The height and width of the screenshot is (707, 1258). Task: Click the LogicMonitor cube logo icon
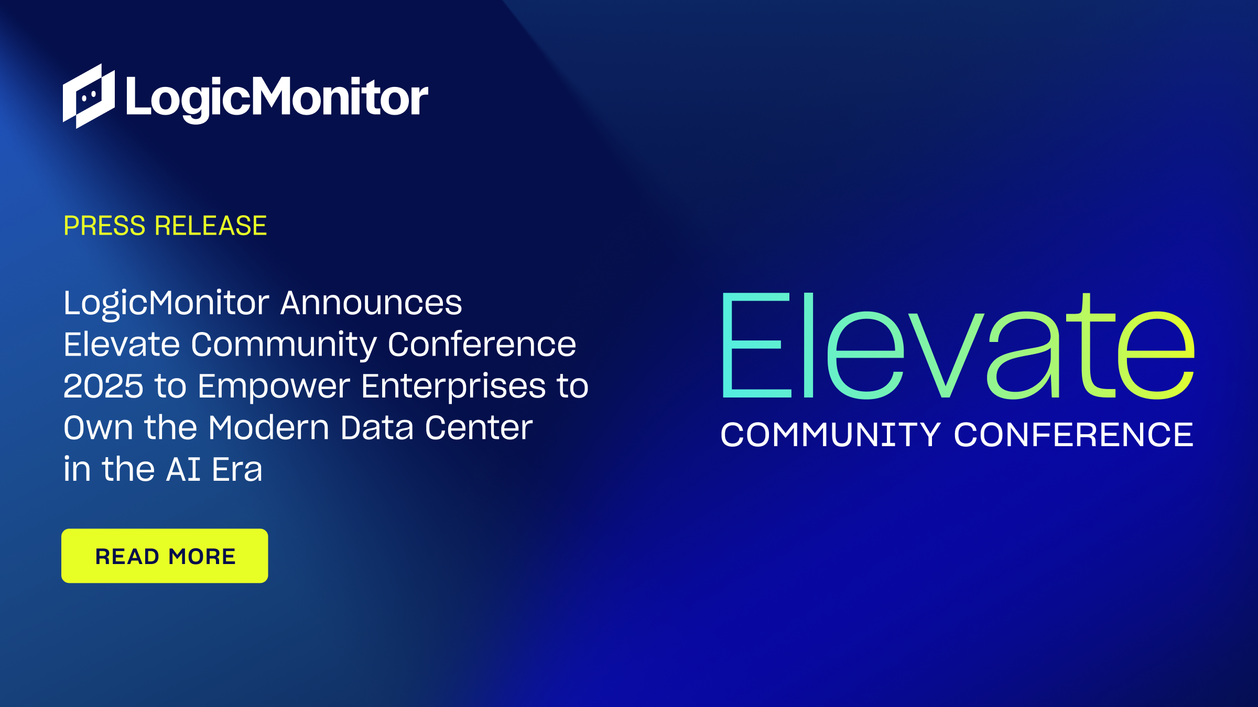click(89, 96)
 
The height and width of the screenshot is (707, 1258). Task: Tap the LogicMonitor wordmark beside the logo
click(277, 97)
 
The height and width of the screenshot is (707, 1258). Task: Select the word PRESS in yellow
click(104, 226)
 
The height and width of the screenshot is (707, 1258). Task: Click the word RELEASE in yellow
click(211, 226)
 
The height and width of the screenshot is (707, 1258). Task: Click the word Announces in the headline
click(371, 303)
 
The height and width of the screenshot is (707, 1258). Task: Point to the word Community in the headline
click(284, 345)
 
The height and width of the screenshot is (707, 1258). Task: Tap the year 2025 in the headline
click(103, 386)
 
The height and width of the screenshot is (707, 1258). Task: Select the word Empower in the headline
click(274, 386)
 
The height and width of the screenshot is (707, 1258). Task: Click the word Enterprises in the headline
click(453, 386)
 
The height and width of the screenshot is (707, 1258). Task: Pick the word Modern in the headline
click(269, 428)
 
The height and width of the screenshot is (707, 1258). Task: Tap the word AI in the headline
click(183, 469)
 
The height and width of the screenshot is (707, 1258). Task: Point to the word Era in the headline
click(237, 469)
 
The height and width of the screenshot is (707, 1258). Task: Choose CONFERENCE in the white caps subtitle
click(1073, 435)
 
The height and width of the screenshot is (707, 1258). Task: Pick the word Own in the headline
click(98, 428)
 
